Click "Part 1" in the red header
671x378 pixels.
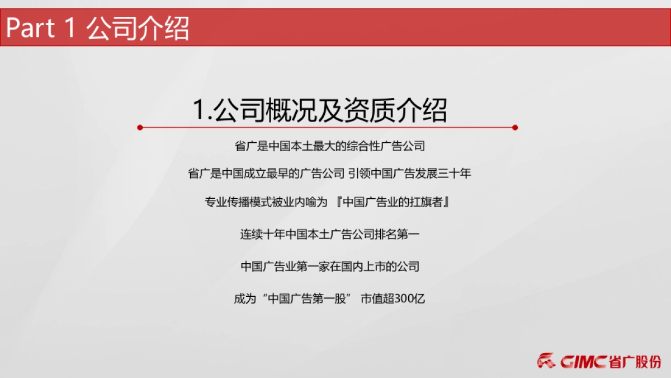point(40,28)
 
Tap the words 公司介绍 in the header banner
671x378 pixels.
point(138,28)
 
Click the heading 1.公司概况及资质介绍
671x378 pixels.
point(320,110)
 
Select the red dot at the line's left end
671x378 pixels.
point(140,128)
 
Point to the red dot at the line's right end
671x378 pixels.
point(515,128)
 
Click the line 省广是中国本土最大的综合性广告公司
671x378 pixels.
point(330,146)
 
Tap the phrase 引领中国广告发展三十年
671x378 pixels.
point(409,174)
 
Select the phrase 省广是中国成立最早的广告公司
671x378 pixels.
point(266,174)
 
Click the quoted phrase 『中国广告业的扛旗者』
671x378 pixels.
point(394,202)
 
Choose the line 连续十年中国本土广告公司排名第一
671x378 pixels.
point(330,235)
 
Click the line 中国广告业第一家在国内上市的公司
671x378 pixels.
point(330,267)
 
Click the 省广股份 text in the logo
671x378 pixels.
point(635,362)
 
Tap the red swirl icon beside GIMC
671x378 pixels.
point(546,361)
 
